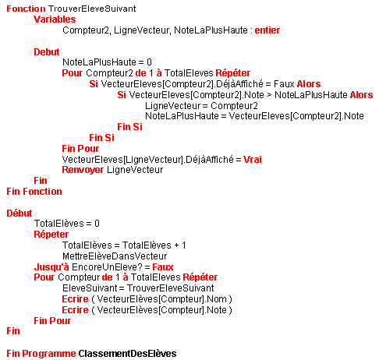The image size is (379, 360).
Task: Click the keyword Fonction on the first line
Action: [26, 9]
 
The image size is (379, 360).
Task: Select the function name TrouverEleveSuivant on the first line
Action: [92, 9]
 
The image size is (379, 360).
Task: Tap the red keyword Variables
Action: [55, 19]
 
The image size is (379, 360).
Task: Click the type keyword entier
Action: [267, 30]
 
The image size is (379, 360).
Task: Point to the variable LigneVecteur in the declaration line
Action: [142, 30]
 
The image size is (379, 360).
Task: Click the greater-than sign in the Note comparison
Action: [269, 95]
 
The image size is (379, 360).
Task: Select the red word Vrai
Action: [253, 160]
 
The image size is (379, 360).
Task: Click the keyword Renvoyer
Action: [83, 170]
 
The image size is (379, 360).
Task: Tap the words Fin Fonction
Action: [34, 192]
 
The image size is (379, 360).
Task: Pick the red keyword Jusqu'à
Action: [51, 267]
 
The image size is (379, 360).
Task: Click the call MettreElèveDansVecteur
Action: [115, 256]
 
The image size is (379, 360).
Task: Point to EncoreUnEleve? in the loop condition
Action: [107, 267]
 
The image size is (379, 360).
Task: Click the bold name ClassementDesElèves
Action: [127, 354]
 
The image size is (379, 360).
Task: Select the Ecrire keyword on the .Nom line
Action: [76, 299]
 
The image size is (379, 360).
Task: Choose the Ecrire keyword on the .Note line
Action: [76, 310]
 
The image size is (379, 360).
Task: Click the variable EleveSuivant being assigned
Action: [90, 288]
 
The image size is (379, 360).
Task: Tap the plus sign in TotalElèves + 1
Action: [177, 245]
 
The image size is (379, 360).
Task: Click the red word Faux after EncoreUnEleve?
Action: [163, 267]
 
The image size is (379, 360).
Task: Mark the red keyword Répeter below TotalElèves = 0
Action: [51, 235]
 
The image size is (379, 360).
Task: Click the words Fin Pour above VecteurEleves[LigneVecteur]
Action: [80, 149]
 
